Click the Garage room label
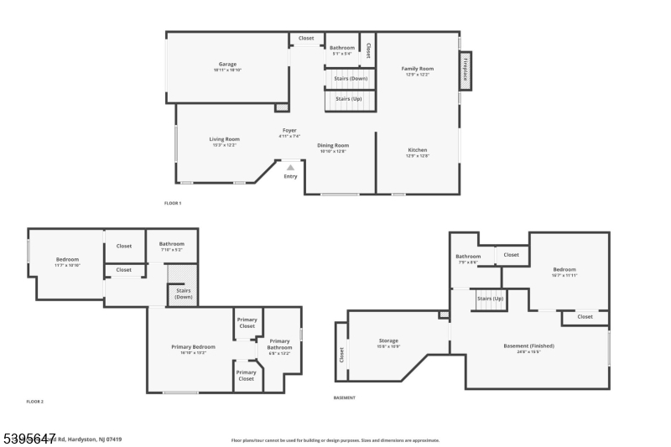click(227, 65)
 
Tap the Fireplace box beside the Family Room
click(465, 71)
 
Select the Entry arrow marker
click(290, 167)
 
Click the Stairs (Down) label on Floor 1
click(350, 79)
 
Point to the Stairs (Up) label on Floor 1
click(349, 99)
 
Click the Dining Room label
click(333, 146)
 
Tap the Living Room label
click(224, 139)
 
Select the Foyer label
click(289, 131)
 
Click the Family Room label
click(417, 69)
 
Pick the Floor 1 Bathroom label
click(341, 49)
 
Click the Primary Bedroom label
click(193, 347)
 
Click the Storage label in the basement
click(388, 341)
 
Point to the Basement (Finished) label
click(528, 346)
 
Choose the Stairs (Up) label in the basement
click(490, 299)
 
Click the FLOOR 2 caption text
click(34, 402)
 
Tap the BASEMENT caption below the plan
click(345, 398)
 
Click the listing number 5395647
click(29, 437)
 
